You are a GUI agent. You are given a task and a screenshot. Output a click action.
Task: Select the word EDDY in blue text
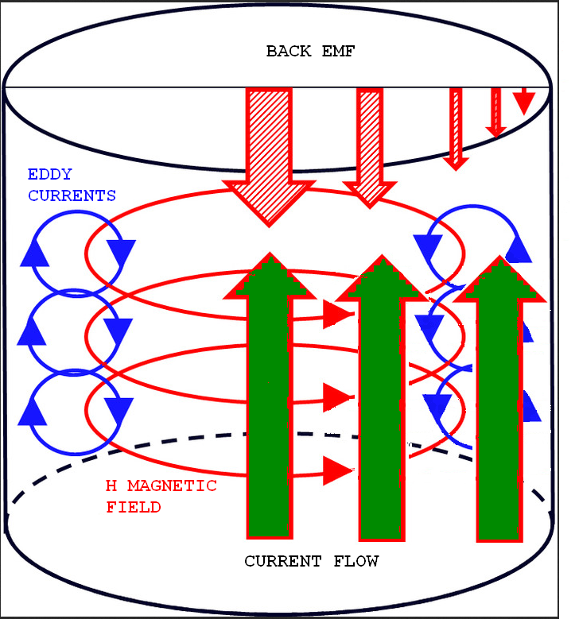coord(49,175)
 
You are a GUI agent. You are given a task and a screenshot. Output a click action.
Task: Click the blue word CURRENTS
coord(72,195)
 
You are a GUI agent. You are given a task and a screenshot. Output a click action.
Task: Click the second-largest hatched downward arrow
coord(370,147)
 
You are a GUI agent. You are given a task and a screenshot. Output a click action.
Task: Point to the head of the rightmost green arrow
coord(501,279)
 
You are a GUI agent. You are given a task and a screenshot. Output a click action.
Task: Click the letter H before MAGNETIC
coord(111,486)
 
